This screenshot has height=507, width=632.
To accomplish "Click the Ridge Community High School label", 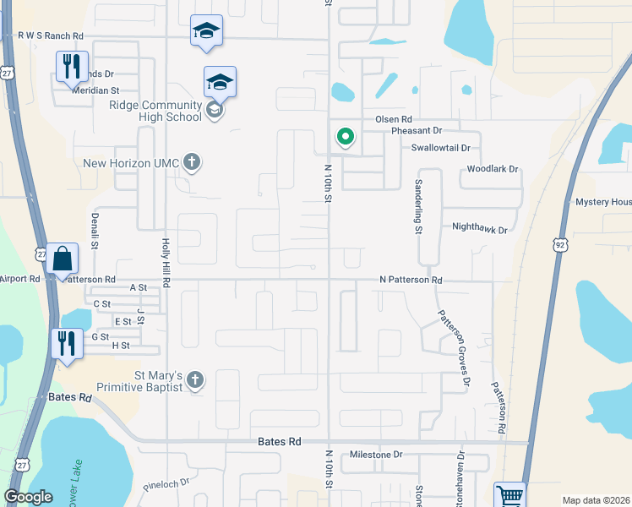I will tap(155, 111).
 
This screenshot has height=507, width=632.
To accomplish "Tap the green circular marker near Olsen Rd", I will tap(345, 136).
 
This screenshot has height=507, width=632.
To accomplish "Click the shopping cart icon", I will tap(509, 496).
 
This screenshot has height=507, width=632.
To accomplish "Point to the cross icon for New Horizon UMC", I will tap(192, 162).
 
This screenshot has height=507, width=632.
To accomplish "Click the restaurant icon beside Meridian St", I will tap(72, 66).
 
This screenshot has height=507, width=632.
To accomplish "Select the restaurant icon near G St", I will tap(66, 343).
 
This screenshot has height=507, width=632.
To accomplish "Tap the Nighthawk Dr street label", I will tap(480, 228).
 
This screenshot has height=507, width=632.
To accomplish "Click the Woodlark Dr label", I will tap(493, 169).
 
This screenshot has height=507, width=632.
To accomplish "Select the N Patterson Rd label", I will tap(411, 280).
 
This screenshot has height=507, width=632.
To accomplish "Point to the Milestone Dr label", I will tap(376, 455).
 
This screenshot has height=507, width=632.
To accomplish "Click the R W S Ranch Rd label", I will tap(51, 36).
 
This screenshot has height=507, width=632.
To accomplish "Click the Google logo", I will tap(29, 497).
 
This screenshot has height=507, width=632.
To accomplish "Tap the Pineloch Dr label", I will tap(166, 486).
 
